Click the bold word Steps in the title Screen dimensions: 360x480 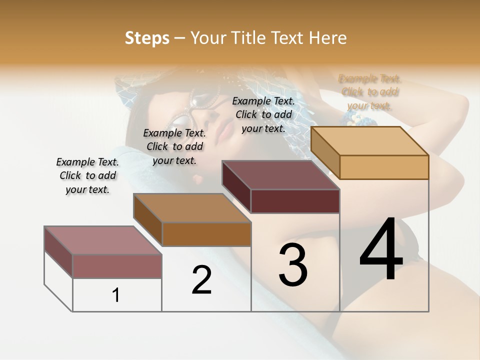(147, 38)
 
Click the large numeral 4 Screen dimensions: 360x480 (381, 250)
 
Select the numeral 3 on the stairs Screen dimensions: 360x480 (293, 265)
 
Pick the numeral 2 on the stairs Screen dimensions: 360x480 (201, 280)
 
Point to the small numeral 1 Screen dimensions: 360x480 (116, 295)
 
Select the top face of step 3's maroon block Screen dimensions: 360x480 (280, 175)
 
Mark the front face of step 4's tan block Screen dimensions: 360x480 (384, 167)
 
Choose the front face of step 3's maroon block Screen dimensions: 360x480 (295, 201)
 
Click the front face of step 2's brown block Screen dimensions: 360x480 (206, 234)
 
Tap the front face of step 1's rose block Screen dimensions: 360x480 (117, 266)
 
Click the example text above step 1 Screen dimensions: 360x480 (87, 176)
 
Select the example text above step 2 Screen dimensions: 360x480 (174, 147)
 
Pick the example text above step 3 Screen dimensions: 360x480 (263, 114)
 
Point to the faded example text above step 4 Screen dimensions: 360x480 (370, 92)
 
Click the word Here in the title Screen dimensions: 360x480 (328, 38)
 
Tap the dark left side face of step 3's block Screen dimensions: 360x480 (236, 186)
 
